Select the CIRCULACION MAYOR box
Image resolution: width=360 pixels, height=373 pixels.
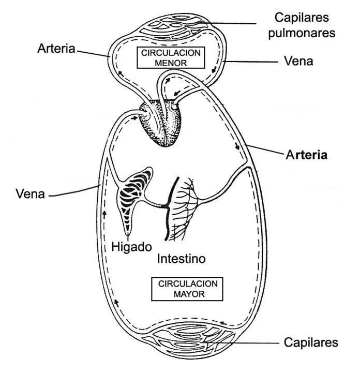(187, 289)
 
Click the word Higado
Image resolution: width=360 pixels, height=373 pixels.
(131, 247)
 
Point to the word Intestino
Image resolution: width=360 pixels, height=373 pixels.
(181, 258)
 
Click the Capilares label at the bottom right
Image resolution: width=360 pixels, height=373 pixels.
(311, 342)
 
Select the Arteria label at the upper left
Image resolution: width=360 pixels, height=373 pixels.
(56, 49)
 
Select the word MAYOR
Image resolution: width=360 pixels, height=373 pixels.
(187, 294)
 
